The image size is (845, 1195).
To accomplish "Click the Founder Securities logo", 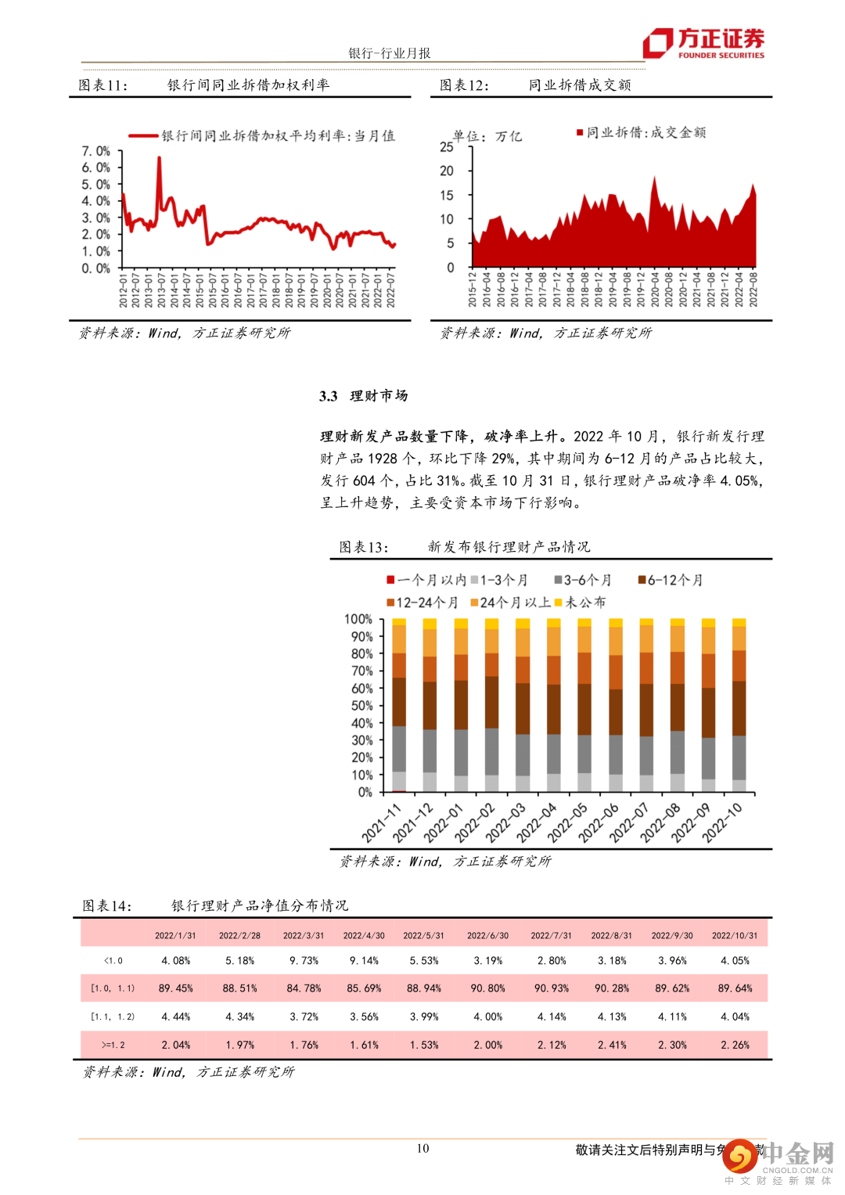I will (x=703, y=43).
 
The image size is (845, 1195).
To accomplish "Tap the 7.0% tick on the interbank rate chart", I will (x=96, y=151).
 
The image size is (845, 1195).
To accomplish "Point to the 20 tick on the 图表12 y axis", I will (x=447, y=171).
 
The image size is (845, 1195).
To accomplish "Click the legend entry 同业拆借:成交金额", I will (x=642, y=133).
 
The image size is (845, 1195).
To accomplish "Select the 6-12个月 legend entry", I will (x=671, y=580).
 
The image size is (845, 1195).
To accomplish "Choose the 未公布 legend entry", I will (x=581, y=602).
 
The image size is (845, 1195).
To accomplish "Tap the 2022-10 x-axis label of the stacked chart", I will (x=721, y=822).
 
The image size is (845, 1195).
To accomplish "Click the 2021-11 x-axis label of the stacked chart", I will (x=381, y=822).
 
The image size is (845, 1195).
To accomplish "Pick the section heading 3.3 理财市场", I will (x=364, y=396).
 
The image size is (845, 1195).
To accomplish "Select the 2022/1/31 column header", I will (x=175, y=935).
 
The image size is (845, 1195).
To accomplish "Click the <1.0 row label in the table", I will (x=113, y=960).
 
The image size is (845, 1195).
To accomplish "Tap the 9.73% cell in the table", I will (x=304, y=960).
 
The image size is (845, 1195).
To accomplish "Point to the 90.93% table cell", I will (x=551, y=988).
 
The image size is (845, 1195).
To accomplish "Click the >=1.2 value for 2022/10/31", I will (x=735, y=1045).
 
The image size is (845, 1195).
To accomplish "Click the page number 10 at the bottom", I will (x=422, y=1148).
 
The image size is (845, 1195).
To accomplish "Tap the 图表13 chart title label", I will (x=363, y=547).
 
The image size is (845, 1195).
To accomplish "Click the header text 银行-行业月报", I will (x=390, y=53).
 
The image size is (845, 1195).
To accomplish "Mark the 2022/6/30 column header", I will (x=487, y=935).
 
